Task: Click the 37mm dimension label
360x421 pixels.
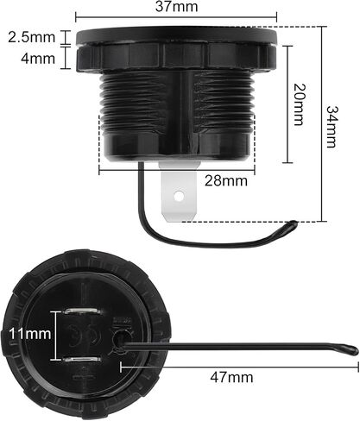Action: click(x=177, y=7)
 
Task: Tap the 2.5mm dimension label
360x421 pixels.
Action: click(x=31, y=37)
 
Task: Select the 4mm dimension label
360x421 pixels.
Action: click(x=38, y=59)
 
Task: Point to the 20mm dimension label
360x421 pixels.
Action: click(x=299, y=104)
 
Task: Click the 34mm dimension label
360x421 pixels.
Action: click(x=332, y=127)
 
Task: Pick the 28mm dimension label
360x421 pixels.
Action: click(x=226, y=181)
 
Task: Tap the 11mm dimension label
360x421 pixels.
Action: click(x=30, y=334)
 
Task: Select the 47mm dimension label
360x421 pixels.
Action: click(x=231, y=377)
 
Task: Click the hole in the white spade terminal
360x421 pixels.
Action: click(x=179, y=197)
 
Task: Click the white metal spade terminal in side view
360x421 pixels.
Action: click(x=180, y=192)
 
